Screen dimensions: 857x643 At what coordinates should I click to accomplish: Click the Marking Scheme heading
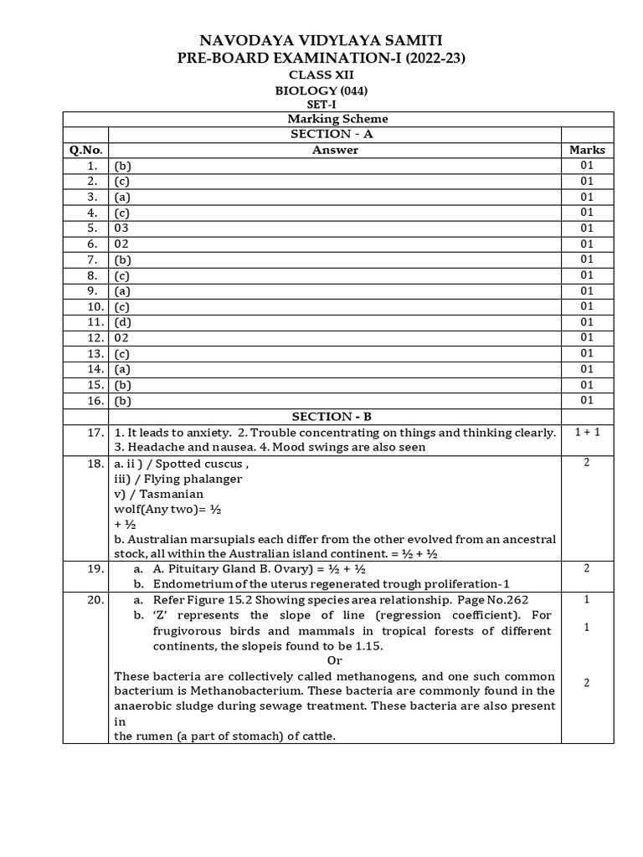pos(334,119)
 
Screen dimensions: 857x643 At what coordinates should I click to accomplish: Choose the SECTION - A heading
pos(334,134)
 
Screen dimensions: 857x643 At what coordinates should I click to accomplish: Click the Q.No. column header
pos(85,150)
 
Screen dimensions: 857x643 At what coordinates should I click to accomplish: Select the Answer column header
pos(334,150)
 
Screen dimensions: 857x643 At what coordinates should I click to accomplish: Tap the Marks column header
pos(587,150)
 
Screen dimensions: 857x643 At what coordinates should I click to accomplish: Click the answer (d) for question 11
pos(123,322)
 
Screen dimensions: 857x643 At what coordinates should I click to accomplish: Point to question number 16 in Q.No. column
pos(95,401)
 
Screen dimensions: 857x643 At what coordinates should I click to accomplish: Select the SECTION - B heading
pos(334,417)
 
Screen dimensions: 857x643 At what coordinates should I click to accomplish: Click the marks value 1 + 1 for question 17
pos(587,432)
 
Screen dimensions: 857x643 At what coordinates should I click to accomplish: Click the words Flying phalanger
pos(198,479)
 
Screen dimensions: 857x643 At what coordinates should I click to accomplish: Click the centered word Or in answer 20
pos(334,660)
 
